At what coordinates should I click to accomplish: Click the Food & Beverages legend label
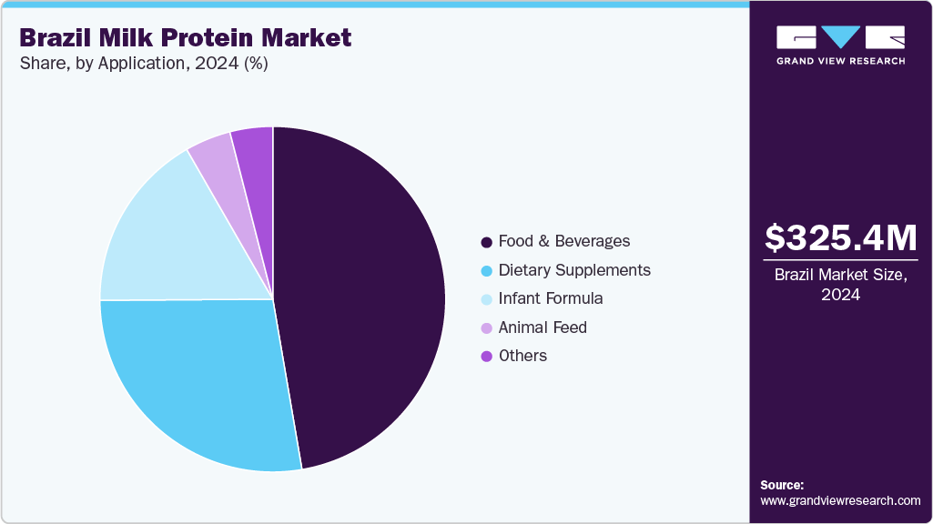[x=563, y=241]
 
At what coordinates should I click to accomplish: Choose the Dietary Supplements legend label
[x=574, y=270]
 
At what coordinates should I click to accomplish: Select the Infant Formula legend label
[x=551, y=298]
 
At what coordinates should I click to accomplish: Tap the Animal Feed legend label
[x=543, y=327]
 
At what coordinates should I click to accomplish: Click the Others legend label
[x=522, y=356]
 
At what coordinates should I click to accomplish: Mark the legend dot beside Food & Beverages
[x=487, y=242]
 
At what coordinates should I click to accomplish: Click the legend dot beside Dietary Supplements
[x=487, y=271]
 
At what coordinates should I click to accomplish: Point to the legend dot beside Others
[x=487, y=357]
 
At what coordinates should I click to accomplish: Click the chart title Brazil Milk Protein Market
[x=185, y=38]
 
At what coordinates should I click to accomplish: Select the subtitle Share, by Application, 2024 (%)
[x=143, y=64]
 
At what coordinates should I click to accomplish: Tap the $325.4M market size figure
[x=840, y=237]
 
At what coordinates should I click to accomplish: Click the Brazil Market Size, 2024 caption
[x=840, y=285]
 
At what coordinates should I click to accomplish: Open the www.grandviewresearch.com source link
[x=840, y=500]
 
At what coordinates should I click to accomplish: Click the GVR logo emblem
[x=840, y=37]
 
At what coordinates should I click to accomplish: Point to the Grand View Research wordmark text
[x=840, y=61]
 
